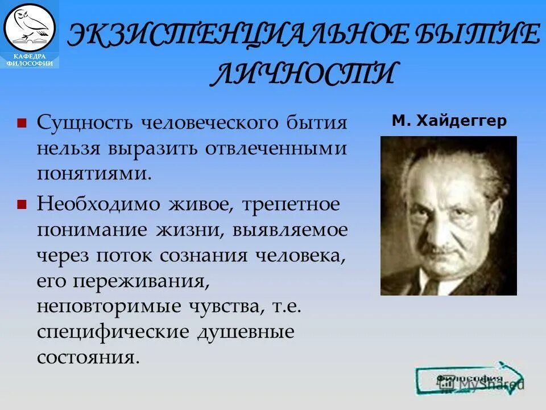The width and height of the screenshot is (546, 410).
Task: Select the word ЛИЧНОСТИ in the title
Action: tap(302, 73)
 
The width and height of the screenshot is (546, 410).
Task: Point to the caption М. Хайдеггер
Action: tap(449, 121)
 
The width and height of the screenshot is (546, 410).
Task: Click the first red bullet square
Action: tap(22, 123)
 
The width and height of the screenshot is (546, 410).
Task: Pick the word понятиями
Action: tap(94, 173)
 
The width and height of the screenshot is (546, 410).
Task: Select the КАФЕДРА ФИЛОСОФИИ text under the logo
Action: tap(30, 60)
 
